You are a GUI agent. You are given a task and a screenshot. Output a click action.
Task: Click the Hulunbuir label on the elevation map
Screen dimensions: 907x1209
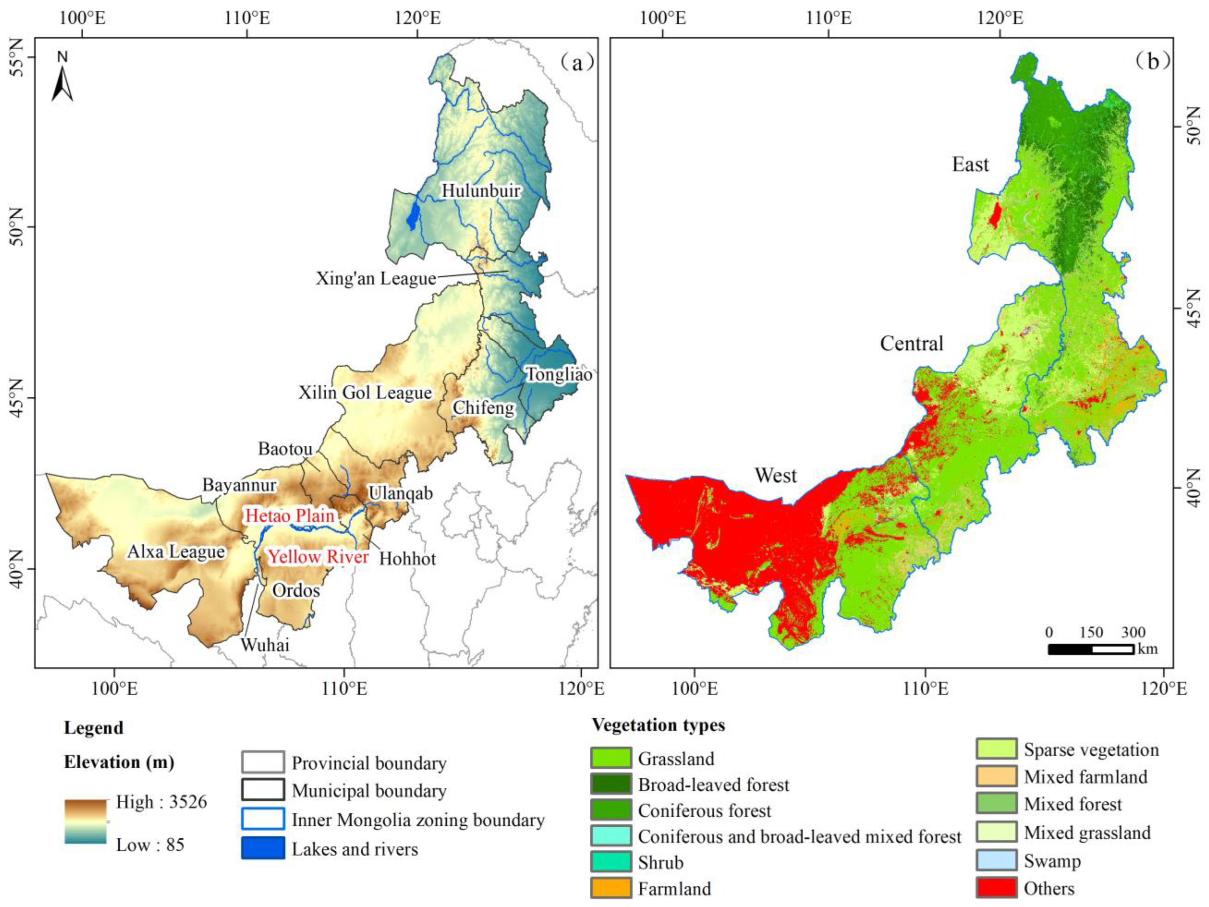[x=481, y=191]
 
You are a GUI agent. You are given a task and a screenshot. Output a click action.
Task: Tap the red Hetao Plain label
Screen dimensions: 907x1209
[x=289, y=515]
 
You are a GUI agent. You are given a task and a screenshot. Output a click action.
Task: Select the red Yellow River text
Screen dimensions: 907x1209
[x=318, y=557]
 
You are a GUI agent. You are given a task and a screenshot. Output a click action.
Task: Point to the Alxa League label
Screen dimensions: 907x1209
[x=176, y=552]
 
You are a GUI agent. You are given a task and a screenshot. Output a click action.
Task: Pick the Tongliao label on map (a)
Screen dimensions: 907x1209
[x=559, y=375]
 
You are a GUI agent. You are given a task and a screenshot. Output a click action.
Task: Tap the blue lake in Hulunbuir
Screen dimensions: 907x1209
[x=413, y=215]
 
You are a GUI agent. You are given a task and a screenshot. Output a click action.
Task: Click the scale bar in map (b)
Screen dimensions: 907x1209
[x=1090, y=649]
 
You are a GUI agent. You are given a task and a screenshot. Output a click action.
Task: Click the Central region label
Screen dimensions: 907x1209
[x=912, y=344]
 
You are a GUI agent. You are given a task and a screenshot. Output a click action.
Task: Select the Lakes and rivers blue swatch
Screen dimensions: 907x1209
[x=263, y=849]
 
